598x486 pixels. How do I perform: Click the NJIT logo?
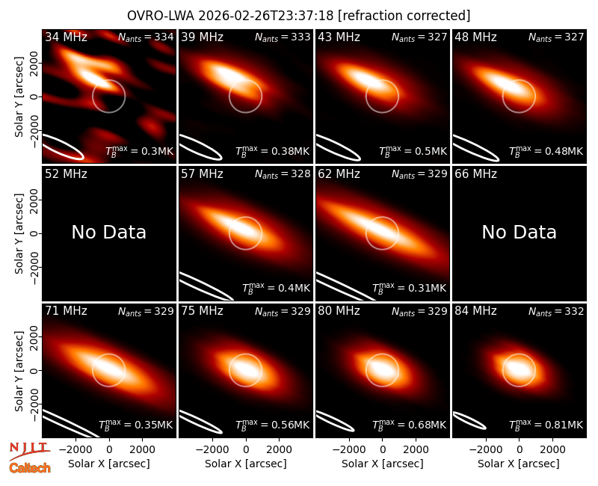pyautogui.click(x=29, y=451)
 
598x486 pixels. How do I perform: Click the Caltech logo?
pyautogui.click(x=30, y=468)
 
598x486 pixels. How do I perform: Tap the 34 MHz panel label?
pyautogui.click(x=66, y=37)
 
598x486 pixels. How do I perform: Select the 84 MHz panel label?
pyautogui.click(x=475, y=311)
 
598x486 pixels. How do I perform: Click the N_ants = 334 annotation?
pyautogui.click(x=146, y=37)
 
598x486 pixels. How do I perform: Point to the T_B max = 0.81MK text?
pyautogui.click(x=546, y=425)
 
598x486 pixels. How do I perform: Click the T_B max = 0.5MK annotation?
pyautogui.click(x=413, y=151)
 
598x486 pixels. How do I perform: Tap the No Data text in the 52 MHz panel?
pyautogui.click(x=108, y=233)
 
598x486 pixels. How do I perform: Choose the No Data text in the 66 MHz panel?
pyautogui.click(x=519, y=233)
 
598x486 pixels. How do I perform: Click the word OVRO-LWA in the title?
pyautogui.click(x=161, y=16)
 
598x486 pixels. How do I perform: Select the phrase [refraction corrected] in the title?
pyautogui.click(x=404, y=16)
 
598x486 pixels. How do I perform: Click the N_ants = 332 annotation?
pyautogui.click(x=556, y=311)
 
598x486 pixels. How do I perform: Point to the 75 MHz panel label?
pyautogui.click(x=202, y=311)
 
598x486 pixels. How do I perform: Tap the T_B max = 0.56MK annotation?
pyautogui.click(x=272, y=425)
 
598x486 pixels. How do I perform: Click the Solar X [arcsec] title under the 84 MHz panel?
pyautogui.click(x=519, y=464)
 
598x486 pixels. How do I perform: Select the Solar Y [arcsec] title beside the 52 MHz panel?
pyautogui.click(x=19, y=233)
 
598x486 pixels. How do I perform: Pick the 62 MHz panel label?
pyautogui.click(x=339, y=174)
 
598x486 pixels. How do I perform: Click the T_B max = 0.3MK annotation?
pyautogui.click(x=140, y=151)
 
